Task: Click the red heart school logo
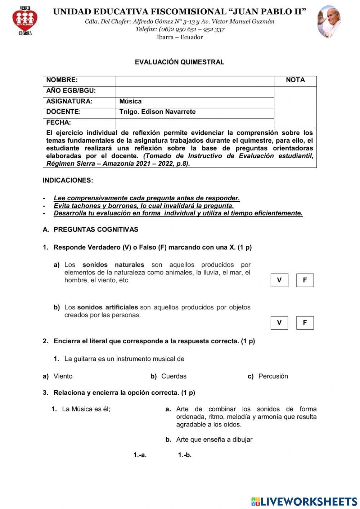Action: [25, 21]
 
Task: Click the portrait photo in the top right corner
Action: [329, 22]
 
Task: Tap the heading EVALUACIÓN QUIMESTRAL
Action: [179, 62]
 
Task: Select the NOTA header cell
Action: [295, 80]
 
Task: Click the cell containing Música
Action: [195, 102]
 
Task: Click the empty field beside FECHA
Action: [195, 123]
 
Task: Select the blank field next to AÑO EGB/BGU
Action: [195, 91]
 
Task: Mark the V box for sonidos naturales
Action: [279, 280]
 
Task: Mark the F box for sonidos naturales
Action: [305, 280]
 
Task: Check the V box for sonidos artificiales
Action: [279, 323]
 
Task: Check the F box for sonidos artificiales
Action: [305, 323]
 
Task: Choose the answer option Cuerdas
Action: [174, 376]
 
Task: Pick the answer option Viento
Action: [63, 376]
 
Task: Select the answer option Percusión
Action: [273, 376]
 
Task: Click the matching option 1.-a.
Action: [140, 455]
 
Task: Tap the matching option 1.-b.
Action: [185, 455]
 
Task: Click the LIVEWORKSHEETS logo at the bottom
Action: [304, 501]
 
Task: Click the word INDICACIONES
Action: [68, 180]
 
